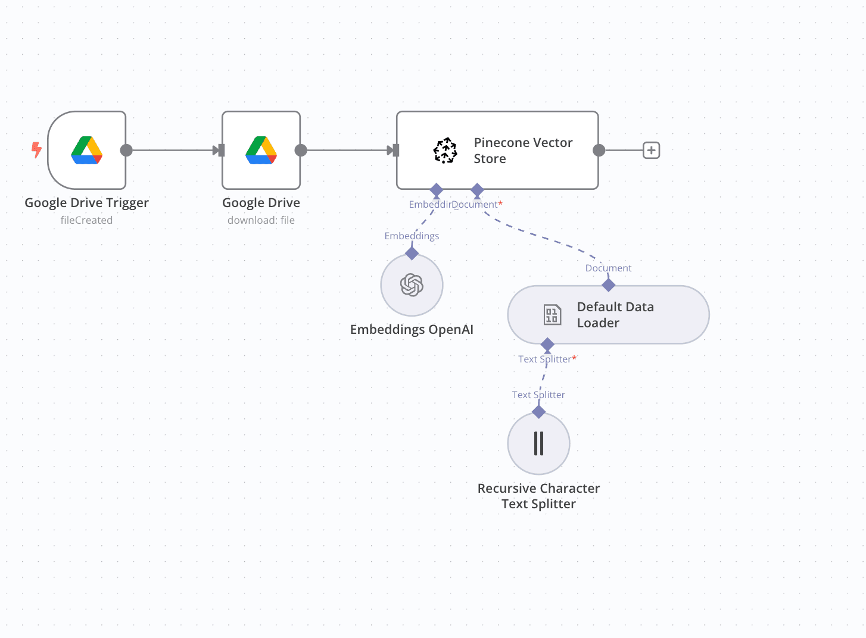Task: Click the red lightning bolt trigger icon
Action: tap(36, 149)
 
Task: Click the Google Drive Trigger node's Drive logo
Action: tap(87, 150)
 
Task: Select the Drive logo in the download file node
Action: tap(261, 150)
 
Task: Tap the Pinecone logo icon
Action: tap(445, 151)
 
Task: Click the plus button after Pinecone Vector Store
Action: tap(651, 151)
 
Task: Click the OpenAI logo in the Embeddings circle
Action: tap(412, 285)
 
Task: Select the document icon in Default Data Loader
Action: tap(552, 315)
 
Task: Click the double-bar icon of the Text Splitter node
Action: tap(538, 443)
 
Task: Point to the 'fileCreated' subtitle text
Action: tap(86, 220)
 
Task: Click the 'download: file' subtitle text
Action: tap(261, 220)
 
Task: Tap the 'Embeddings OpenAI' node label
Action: tap(412, 330)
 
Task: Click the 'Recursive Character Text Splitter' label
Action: tap(538, 496)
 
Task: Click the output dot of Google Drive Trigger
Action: tap(126, 150)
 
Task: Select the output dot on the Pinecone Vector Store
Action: tap(599, 151)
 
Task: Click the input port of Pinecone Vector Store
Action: tap(395, 151)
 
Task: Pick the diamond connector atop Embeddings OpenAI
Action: tap(412, 254)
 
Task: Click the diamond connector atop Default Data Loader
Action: tap(608, 285)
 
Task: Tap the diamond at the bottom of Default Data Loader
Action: tap(547, 344)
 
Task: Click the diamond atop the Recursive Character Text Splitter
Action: tap(538, 412)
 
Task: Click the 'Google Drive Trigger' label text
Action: tap(86, 203)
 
